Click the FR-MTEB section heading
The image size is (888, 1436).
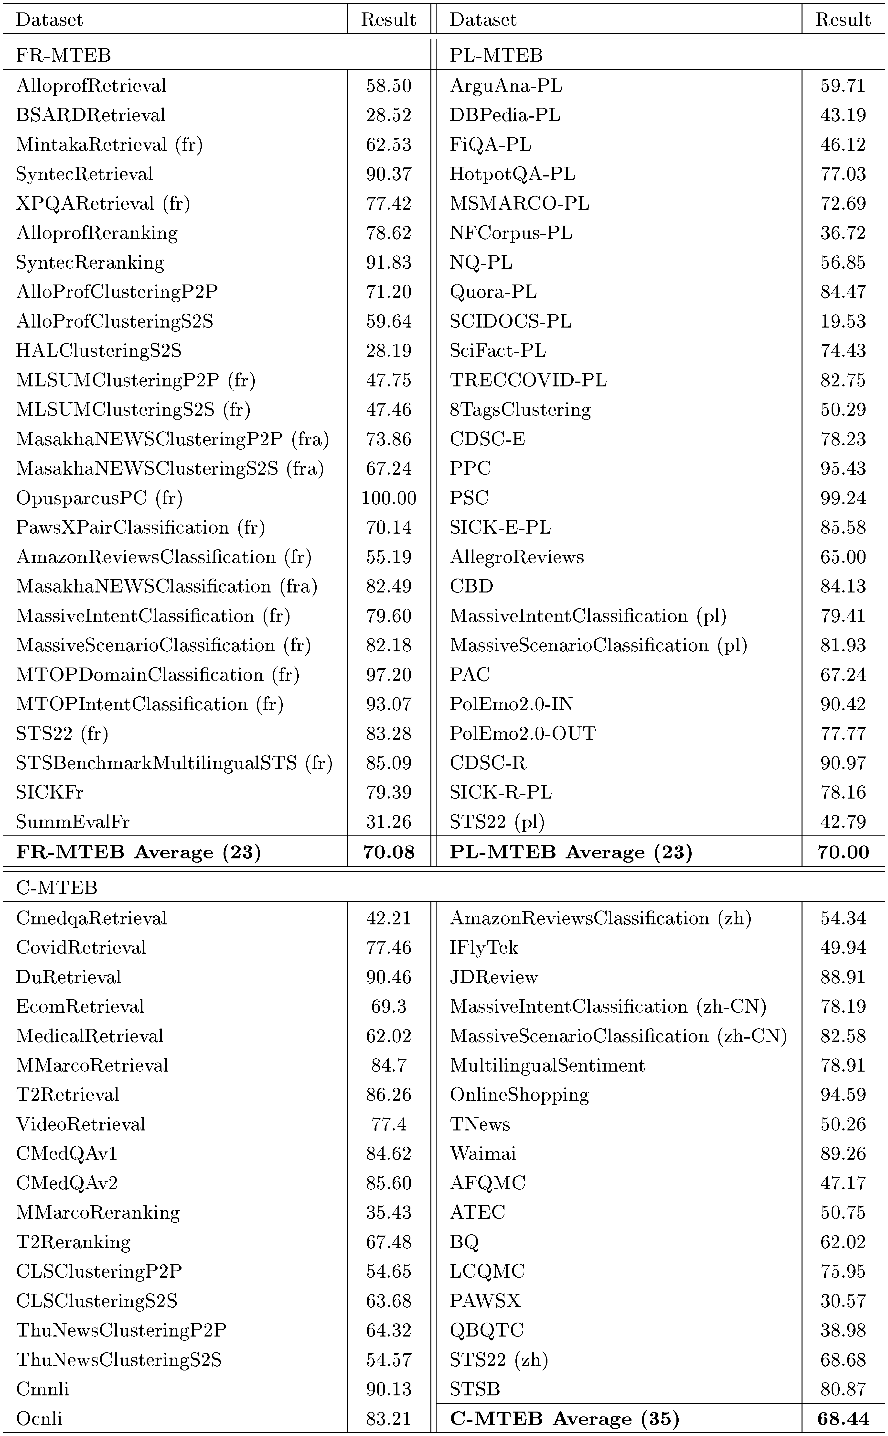click(64, 55)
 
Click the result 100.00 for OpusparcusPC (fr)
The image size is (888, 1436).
click(388, 498)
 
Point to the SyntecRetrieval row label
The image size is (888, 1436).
click(85, 174)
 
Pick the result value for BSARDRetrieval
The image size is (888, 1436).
click(388, 115)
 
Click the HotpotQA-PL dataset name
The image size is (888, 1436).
click(512, 174)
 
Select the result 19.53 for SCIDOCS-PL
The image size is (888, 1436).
click(843, 321)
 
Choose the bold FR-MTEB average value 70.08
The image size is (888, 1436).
click(388, 851)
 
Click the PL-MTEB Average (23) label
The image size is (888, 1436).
click(571, 851)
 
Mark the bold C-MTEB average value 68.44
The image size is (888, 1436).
click(843, 1418)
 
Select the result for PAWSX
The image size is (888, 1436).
click(843, 1300)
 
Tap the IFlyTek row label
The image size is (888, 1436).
click(484, 947)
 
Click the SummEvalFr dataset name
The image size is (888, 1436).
click(73, 822)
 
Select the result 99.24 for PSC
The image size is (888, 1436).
click(843, 498)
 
